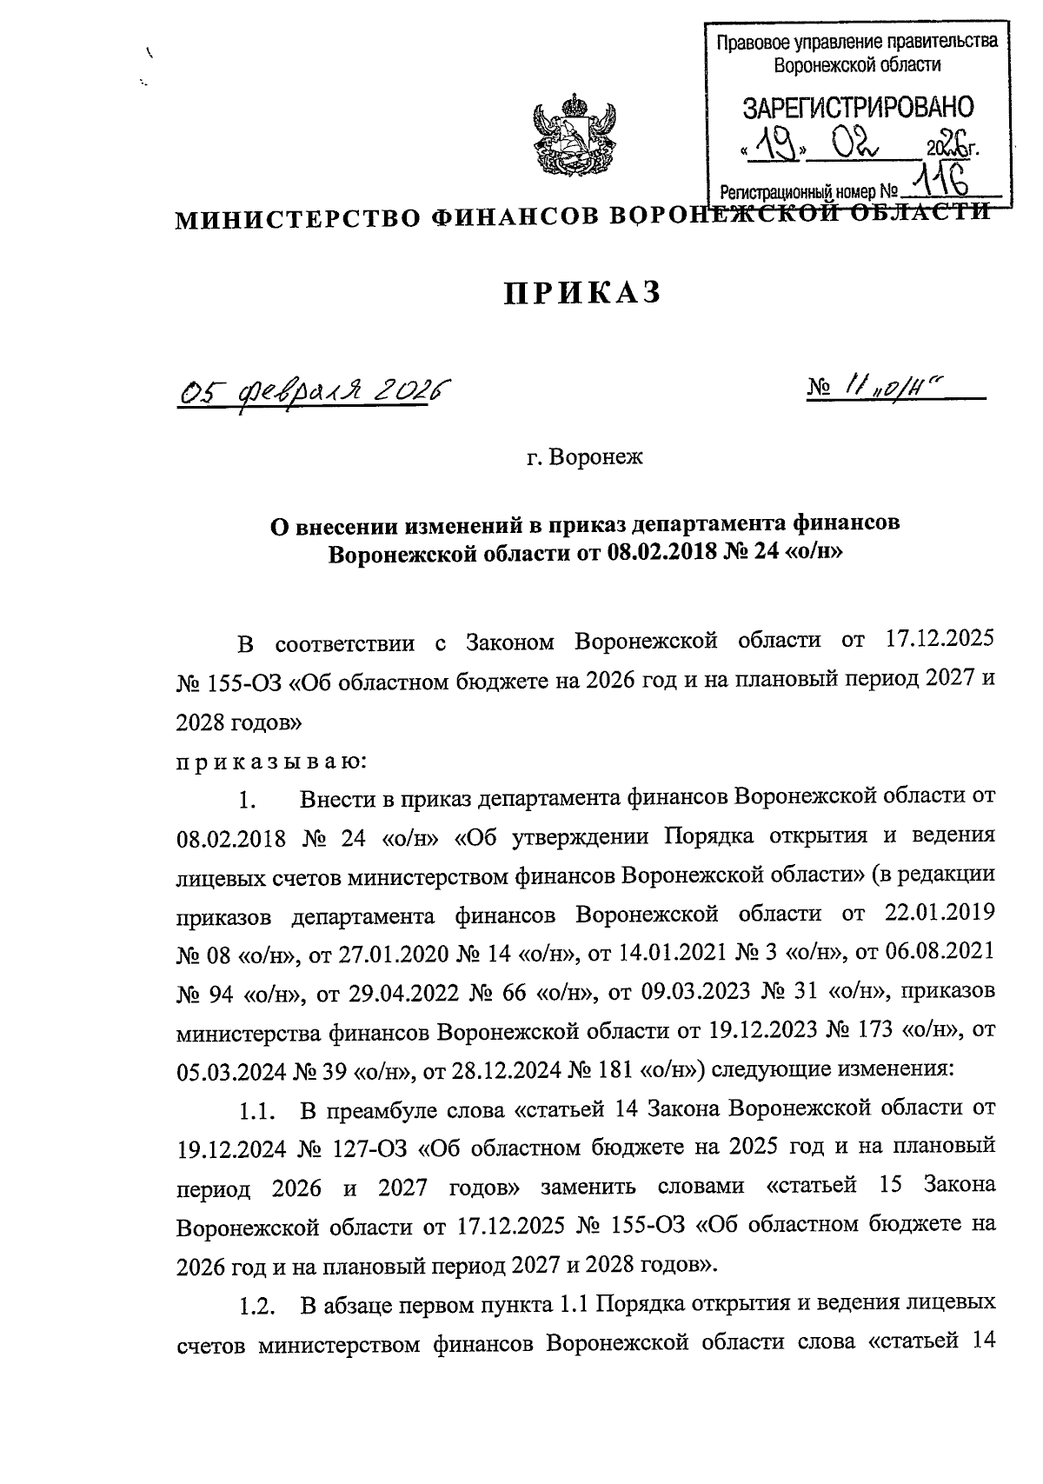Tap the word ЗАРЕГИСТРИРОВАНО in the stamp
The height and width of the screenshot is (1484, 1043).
(857, 108)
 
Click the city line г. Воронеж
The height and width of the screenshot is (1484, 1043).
(584, 456)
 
